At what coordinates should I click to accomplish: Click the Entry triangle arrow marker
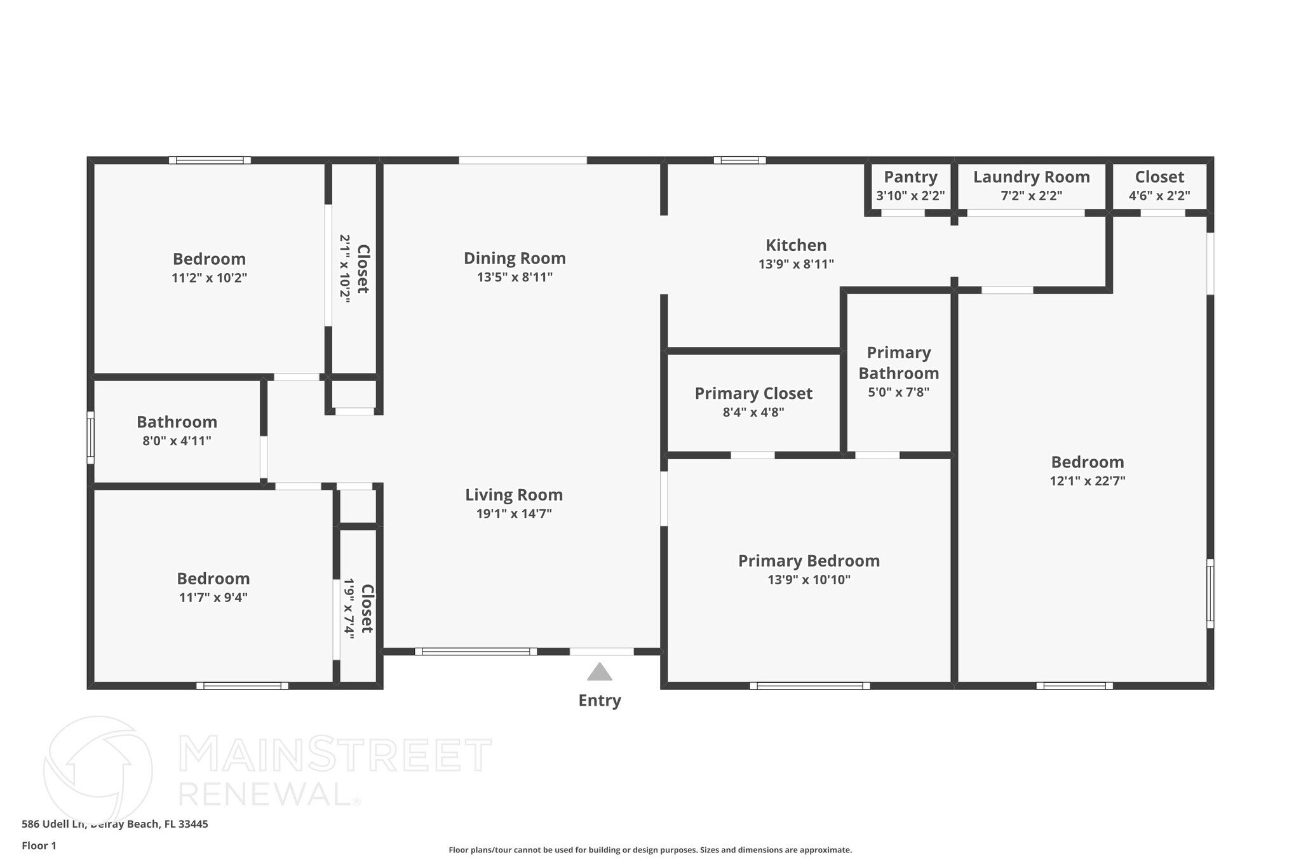[x=599, y=672]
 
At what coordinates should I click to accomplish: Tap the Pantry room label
[x=910, y=177]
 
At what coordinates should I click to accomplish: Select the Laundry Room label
[x=1031, y=177]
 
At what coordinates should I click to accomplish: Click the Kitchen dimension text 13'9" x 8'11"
[x=796, y=264]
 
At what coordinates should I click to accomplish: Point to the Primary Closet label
[x=753, y=394]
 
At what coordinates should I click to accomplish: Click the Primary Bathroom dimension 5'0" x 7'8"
[x=898, y=393]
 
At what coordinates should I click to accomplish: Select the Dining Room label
[x=515, y=259]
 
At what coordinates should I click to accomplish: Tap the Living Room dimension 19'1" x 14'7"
[x=514, y=514]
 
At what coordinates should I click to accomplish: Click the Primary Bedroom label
[x=809, y=561]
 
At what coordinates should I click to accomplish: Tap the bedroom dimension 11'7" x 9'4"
[x=213, y=598]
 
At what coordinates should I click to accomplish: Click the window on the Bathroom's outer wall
[x=91, y=438]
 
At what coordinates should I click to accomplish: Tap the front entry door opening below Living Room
[x=601, y=652]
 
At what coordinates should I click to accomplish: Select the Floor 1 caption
[x=39, y=846]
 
